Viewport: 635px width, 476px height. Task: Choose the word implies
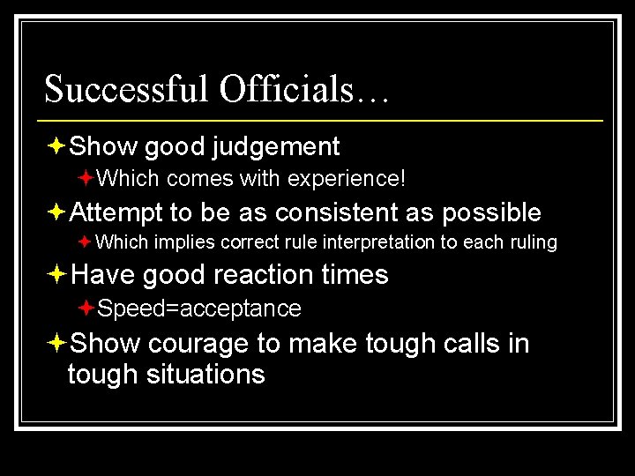coord(181,242)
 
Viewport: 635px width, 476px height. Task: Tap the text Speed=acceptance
coord(199,309)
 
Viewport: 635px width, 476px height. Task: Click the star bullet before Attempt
coord(57,212)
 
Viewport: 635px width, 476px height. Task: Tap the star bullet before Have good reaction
coord(57,275)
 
